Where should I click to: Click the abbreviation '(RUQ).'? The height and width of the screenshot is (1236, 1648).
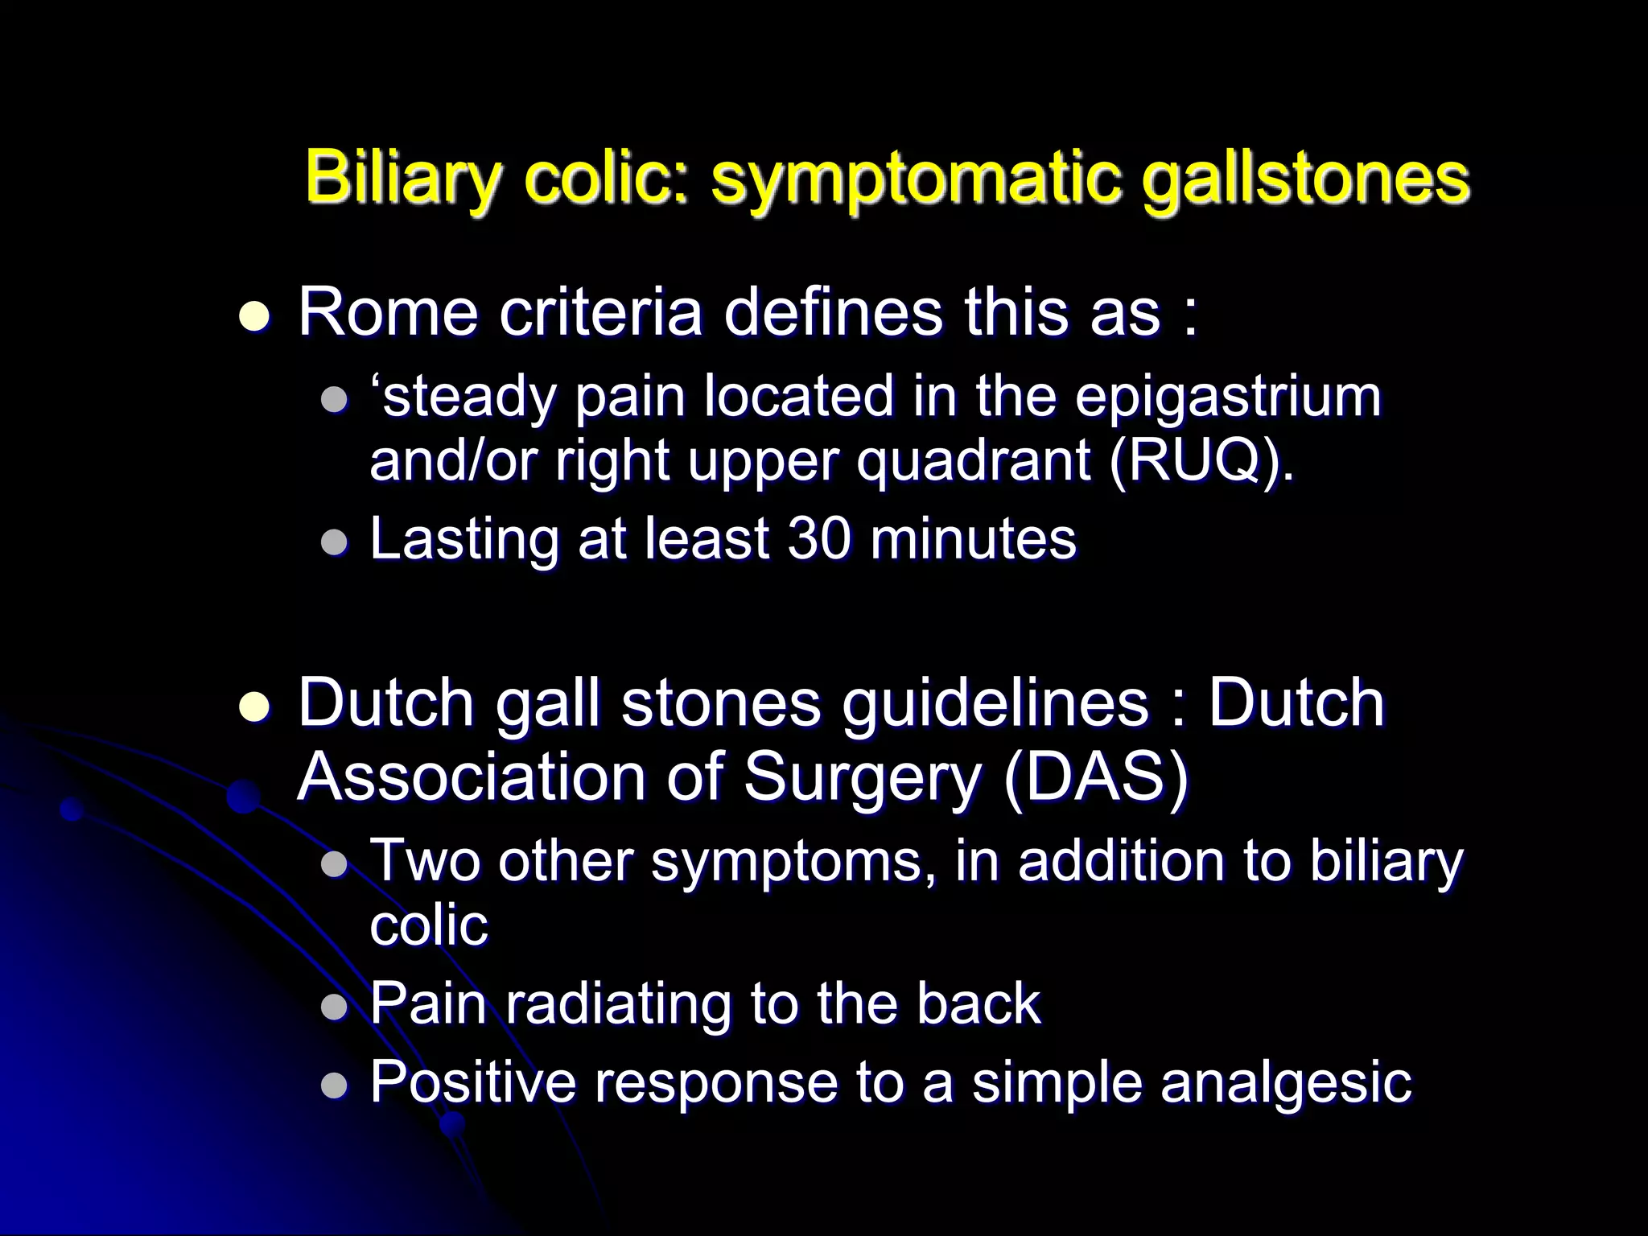[1202, 462]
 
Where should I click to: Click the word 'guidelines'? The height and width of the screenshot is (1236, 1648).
[995, 702]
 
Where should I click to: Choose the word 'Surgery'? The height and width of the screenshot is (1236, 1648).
[860, 779]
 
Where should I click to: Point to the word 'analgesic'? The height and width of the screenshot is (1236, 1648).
[1286, 1082]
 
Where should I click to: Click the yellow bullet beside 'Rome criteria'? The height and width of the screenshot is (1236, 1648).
[255, 316]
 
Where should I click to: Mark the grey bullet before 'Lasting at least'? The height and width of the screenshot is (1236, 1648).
[333, 542]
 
